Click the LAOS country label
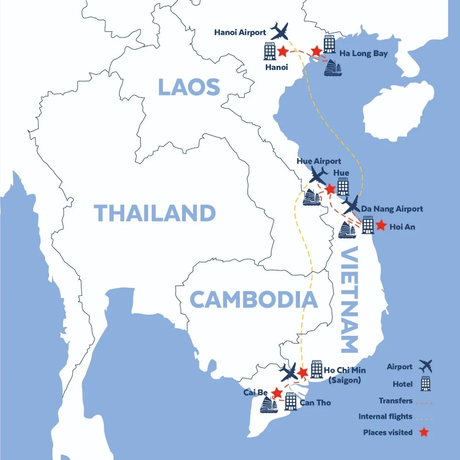[189, 87]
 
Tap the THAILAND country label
[155, 213]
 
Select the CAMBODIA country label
[253, 299]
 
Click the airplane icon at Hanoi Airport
[280, 31]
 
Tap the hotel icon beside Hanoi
[270, 51]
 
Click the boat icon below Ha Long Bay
[333, 68]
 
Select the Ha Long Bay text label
[363, 53]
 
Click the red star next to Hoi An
[381, 225]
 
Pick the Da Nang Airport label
[391, 209]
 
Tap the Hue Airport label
[319, 161]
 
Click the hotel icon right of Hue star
[343, 186]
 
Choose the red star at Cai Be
[277, 392]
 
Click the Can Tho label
[315, 402]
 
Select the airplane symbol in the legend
[426, 367]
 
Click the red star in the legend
[424, 432]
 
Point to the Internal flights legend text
[385, 417]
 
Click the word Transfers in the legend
[396, 401]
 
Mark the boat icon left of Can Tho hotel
[269, 404]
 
